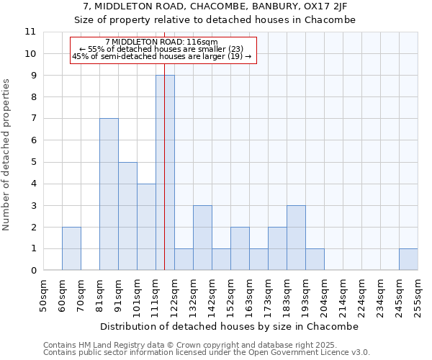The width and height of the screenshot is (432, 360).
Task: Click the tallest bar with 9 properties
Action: click(x=165, y=173)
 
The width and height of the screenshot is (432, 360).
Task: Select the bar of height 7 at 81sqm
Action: click(x=109, y=194)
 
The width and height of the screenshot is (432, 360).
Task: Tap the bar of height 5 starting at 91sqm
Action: click(x=127, y=216)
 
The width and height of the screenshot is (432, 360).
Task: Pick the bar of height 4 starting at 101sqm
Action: click(x=146, y=227)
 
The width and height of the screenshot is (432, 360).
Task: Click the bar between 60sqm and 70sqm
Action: click(x=71, y=248)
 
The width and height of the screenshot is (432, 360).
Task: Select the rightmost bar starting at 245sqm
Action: click(x=408, y=259)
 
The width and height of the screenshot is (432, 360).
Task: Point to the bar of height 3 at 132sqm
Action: click(x=202, y=238)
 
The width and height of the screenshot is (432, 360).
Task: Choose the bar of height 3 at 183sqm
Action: click(x=296, y=238)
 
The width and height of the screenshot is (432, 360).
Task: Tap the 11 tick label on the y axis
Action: click(x=30, y=32)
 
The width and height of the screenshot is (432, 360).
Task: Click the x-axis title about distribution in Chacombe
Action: click(x=230, y=326)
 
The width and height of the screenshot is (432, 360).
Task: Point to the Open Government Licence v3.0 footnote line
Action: click(x=207, y=353)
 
